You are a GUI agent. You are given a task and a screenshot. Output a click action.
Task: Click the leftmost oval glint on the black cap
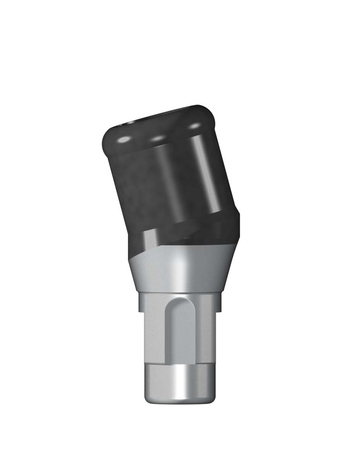coord(124,139)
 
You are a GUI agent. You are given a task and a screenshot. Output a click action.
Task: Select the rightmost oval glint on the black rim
coord(193,127)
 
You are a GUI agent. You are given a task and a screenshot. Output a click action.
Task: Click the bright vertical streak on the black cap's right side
coord(206,176)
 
